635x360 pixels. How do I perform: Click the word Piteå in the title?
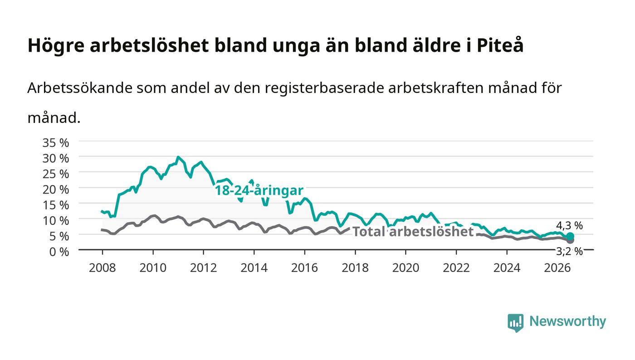(500, 45)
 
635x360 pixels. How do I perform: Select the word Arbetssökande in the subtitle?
(80, 88)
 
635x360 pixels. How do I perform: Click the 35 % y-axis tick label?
(56, 142)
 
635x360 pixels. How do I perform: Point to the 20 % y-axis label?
(56, 190)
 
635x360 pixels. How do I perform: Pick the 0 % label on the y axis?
(59, 252)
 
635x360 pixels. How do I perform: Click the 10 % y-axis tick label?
(56, 220)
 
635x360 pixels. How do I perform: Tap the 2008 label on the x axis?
(103, 268)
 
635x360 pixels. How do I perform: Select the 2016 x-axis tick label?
(304, 268)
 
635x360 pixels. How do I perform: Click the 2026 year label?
(557, 268)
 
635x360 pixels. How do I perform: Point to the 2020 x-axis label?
(405, 268)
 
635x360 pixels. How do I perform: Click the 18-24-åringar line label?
(259, 190)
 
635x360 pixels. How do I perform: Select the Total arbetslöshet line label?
(413, 232)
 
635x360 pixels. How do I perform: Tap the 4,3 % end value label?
(569, 226)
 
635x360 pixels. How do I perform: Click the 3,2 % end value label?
(569, 251)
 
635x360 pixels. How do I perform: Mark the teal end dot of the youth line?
(570, 236)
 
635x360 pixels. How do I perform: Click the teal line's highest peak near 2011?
(178, 157)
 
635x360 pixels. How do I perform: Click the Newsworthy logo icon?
(516, 322)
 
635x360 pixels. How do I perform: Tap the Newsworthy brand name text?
(567, 321)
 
